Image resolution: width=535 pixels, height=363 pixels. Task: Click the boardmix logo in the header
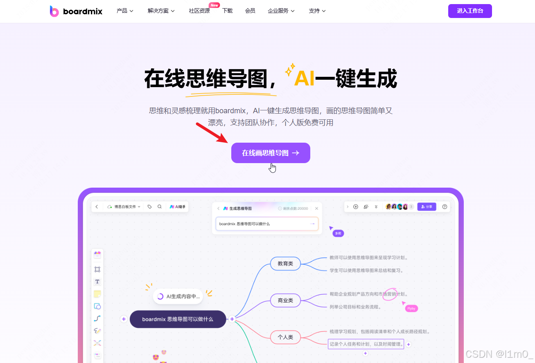tap(76, 11)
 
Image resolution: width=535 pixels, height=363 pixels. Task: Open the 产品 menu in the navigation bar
tap(125, 11)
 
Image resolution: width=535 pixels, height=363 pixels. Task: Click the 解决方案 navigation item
tap(161, 11)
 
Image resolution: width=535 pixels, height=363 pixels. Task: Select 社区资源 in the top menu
tap(199, 11)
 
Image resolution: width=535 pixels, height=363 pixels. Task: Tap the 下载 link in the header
tap(228, 11)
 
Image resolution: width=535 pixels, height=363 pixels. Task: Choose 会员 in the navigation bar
tap(250, 11)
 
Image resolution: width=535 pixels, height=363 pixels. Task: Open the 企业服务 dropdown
tap(281, 11)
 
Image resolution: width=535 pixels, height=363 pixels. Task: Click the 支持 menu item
tap(317, 11)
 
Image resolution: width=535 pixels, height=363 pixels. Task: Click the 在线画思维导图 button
tap(271, 153)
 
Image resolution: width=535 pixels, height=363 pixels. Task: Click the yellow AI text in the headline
tap(304, 79)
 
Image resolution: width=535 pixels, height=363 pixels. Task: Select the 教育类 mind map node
tap(285, 264)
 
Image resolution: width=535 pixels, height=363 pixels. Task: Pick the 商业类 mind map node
tap(285, 300)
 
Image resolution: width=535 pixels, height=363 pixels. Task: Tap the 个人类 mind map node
tap(285, 337)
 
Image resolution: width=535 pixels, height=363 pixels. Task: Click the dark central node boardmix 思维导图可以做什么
tap(178, 319)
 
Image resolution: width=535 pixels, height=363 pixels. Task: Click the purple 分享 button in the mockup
tap(427, 207)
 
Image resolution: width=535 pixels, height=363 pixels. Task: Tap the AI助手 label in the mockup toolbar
tap(178, 207)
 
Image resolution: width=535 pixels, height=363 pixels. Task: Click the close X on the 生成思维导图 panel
tap(316, 208)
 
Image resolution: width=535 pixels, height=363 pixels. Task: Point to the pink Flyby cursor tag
tap(411, 309)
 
